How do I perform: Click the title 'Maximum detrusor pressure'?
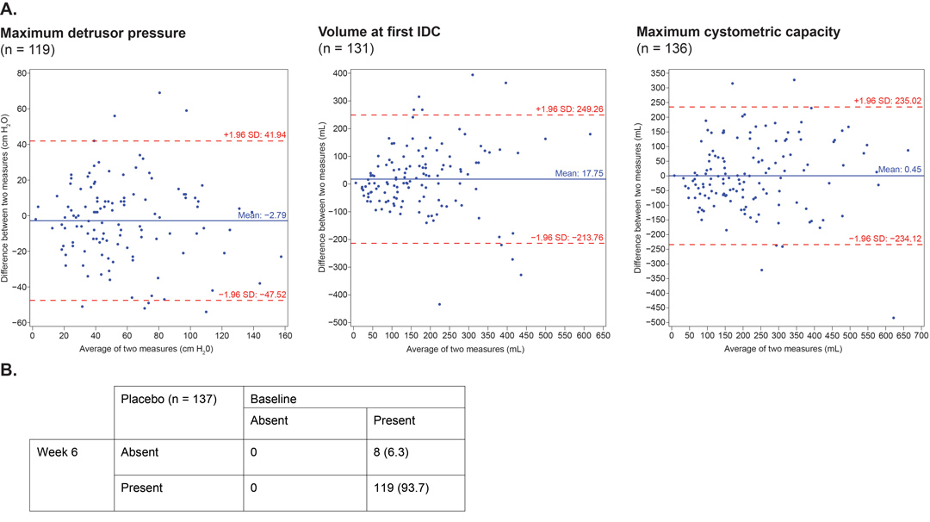pyautogui.click(x=93, y=34)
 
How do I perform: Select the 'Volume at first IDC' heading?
pyautogui.click(x=379, y=31)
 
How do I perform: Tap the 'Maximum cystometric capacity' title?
pyautogui.click(x=739, y=32)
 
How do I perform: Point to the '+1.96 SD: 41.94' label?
pyautogui.click(x=254, y=134)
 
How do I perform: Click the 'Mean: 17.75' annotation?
pyautogui.click(x=579, y=173)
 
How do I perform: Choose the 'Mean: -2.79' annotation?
pyautogui.click(x=262, y=214)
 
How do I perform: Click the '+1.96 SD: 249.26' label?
pyautogui.click(x=569, y=109)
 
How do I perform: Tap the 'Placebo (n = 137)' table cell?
pyautogui.click(x=178, y=413)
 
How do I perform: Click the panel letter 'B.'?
pyautogui.click(x=9, y=370)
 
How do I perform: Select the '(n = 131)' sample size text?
pyautogui.click(x=346, y=48)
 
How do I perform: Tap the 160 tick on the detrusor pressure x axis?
pyautogui.click(x=285, y=335)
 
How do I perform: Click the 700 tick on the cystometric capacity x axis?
pyautogui.click(x=921, y=335)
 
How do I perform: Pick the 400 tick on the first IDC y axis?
pyautogui.click(x=340, y=73)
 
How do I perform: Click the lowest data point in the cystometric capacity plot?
pyautogui.click(x=894, y=318)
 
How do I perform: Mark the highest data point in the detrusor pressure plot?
pyautogui.click(x=159, y=92)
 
